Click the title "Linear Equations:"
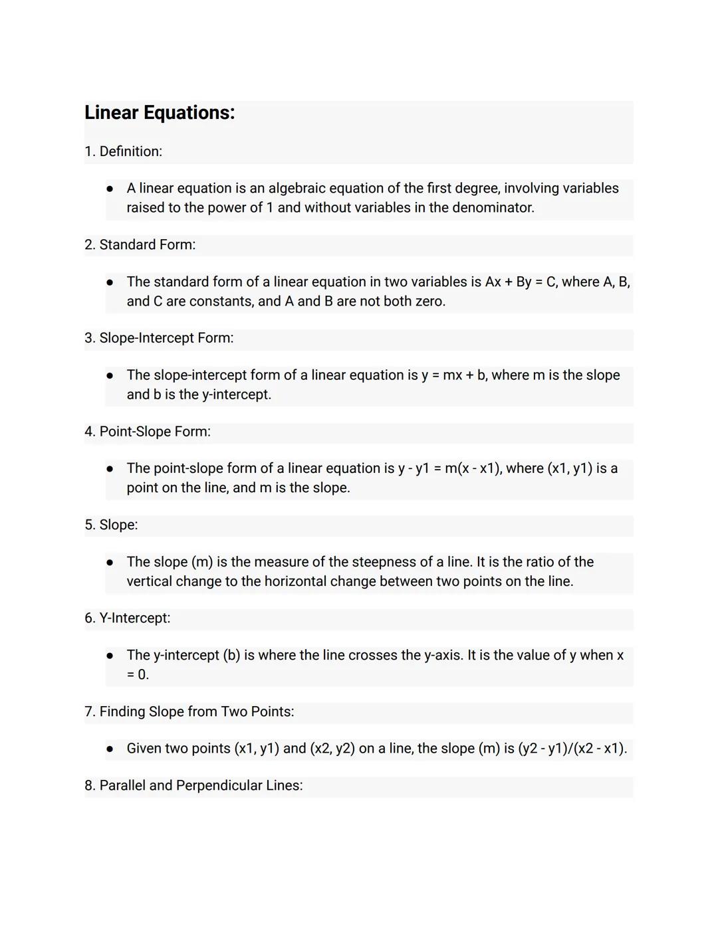pyautogui.click(x=160, y=113)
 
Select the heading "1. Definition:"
pyautogui.click(x=124, y=151)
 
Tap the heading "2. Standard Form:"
pyautogui.click(x=140, y=245)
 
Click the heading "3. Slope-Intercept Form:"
pyautogui.click(x=159, y=338)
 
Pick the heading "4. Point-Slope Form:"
pyautogui.click(x=148, y=432)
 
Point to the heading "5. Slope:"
pyautogui.click(x=111, y=525)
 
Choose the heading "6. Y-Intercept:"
pyautogui.click(x=127, y=618)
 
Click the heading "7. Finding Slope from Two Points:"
pyautogui.click(x=189, y=712)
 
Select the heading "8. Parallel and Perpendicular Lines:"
pyautogui.click(x=193, y=786)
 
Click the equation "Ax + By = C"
pyautogui.click(x=521, y=282)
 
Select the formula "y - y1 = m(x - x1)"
pyautogui.click(x=449, y=469)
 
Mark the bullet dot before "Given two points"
pyautogui.click(x=110, y=749)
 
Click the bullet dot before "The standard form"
pyautogui.click(x=110, y=282)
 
